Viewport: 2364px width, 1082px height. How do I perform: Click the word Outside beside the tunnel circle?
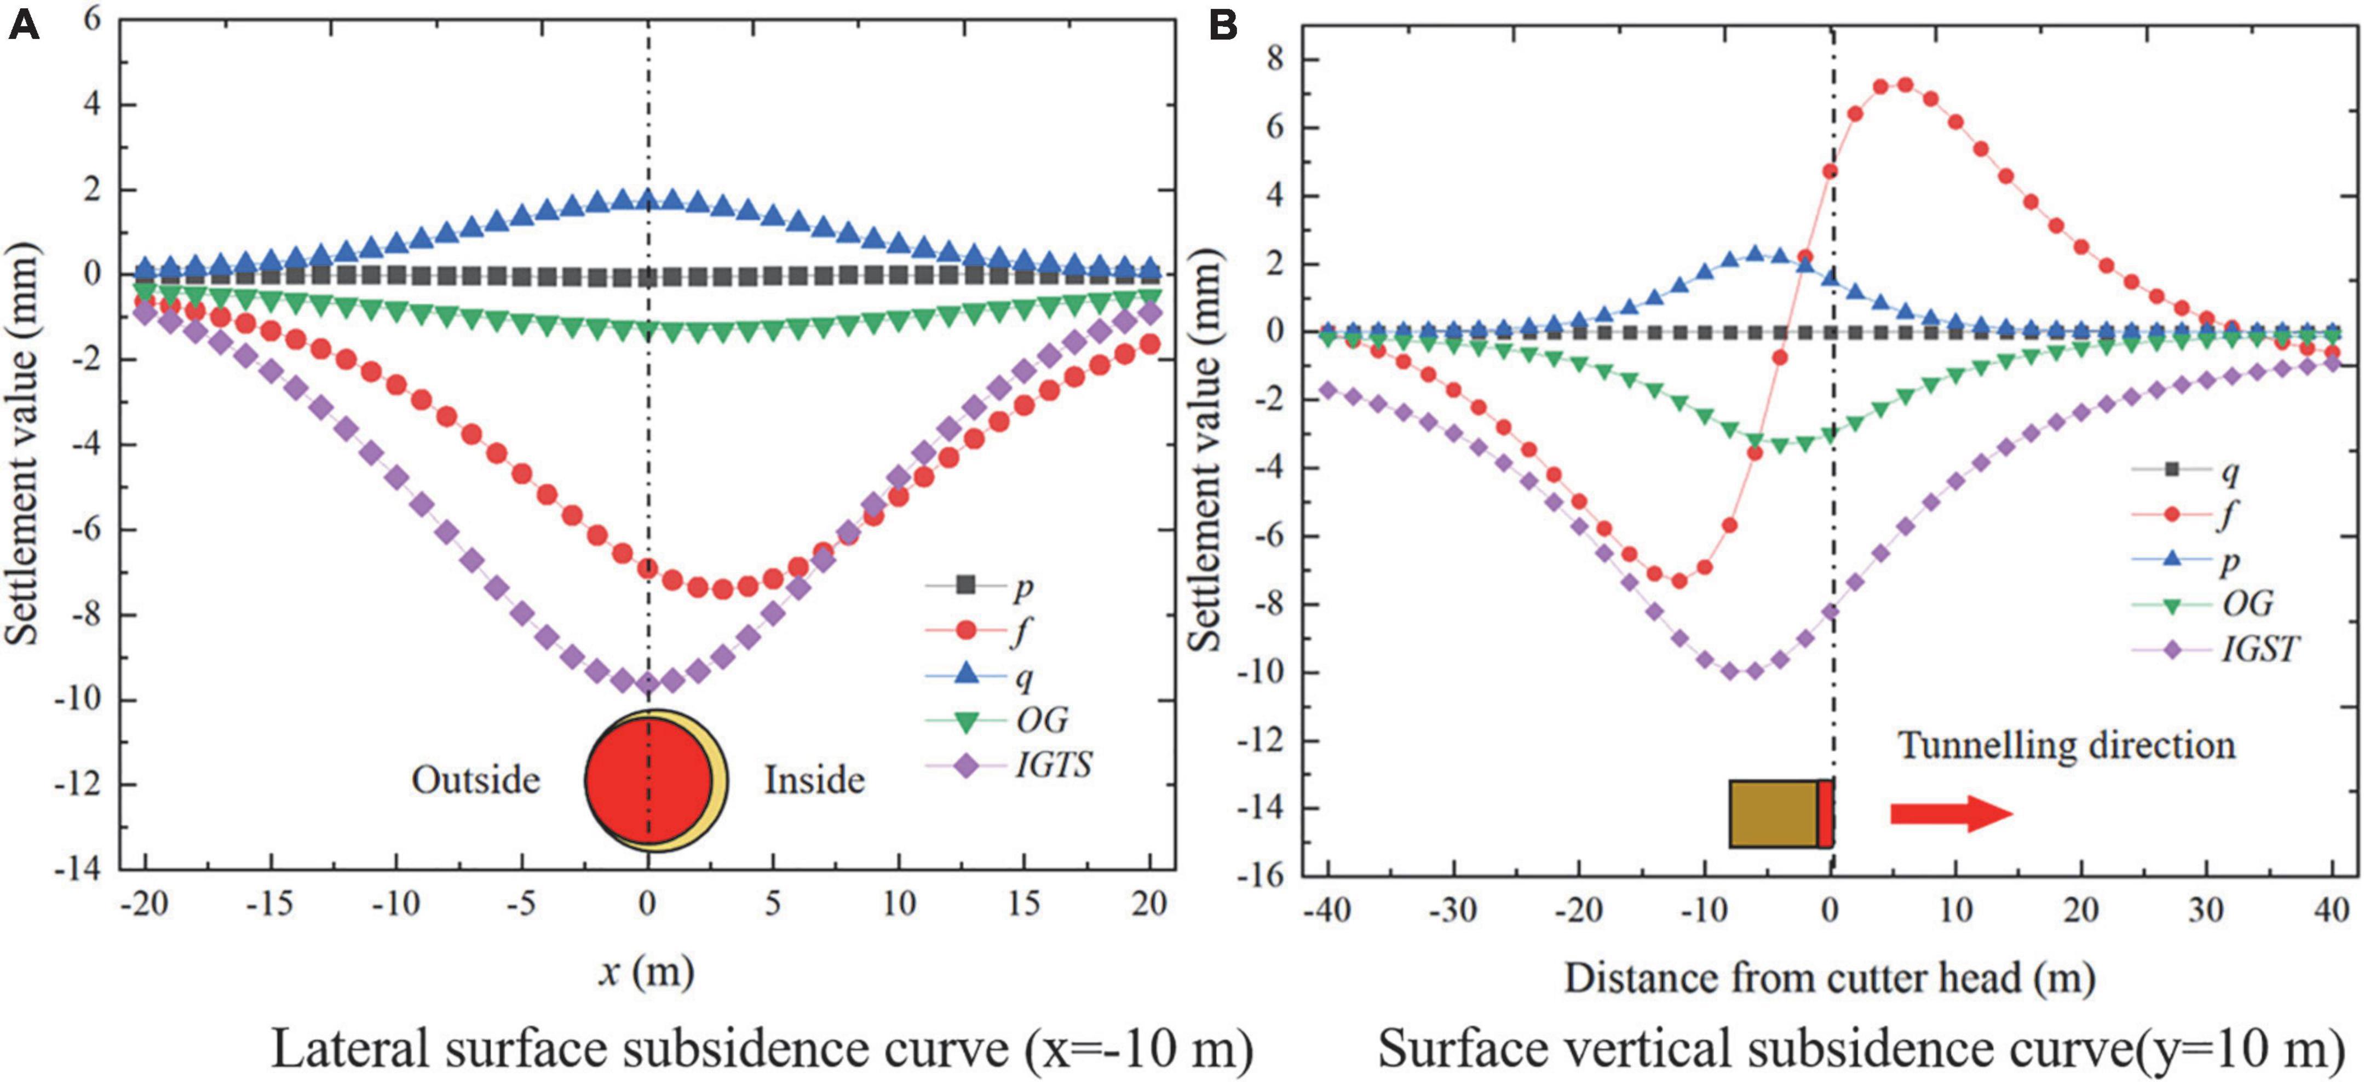[475, 780]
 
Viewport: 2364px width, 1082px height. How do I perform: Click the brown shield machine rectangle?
[1774, 813]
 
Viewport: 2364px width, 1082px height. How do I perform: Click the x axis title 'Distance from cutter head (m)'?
[1829, 979]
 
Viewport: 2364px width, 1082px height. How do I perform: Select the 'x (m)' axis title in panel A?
[646, 971]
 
